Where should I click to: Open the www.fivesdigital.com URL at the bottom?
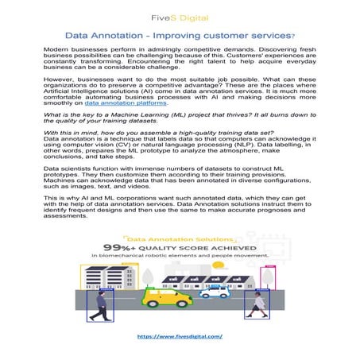point(180,336)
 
